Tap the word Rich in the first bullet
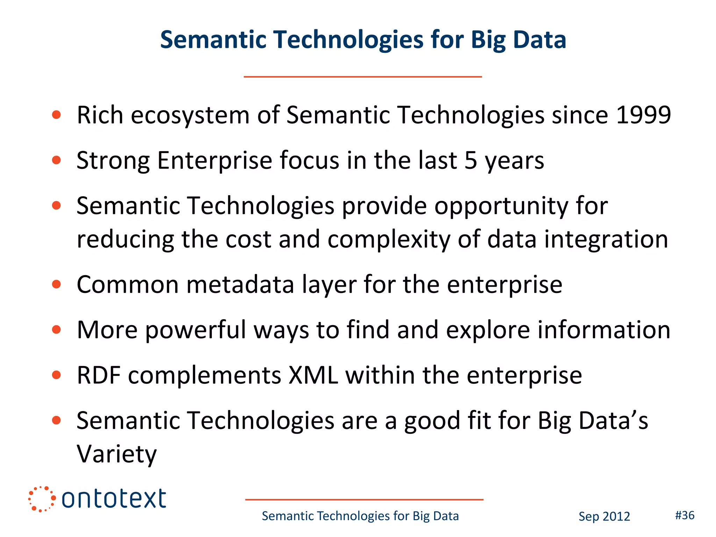coord(100,115)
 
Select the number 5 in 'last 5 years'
coord(471,160)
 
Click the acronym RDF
coord(99,375)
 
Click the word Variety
coord(116,454)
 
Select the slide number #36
coord(685,515)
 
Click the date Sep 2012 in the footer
coord(604,516)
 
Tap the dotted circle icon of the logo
coord(42,499)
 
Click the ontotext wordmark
coord(114,499)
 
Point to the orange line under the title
coord(363,77)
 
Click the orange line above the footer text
coord(364,500)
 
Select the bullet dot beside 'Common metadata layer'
coord(56,284)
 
